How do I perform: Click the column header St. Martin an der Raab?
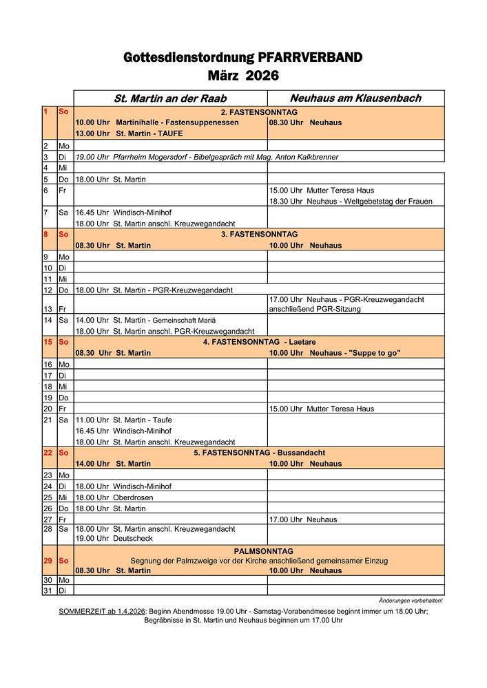170,98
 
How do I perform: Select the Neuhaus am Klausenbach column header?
355,98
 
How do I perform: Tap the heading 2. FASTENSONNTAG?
258,112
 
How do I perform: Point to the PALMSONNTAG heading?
263,551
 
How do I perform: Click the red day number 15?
48,342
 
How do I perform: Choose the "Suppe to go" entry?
335,353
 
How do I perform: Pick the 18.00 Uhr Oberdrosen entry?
114,497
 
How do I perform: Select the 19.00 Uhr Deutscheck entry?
114,539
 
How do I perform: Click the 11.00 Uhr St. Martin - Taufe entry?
124,420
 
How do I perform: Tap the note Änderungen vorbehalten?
411,601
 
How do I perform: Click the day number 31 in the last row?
48,590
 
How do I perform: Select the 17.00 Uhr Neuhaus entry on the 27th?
306,519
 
